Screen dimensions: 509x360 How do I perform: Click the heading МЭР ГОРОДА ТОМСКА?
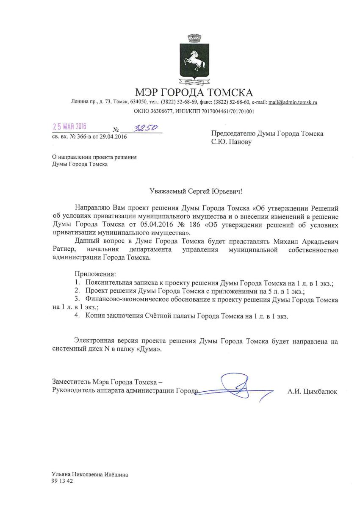coord(194,92)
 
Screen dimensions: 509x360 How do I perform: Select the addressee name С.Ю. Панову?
coord(231,142)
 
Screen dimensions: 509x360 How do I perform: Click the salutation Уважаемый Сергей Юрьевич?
coord(197,192)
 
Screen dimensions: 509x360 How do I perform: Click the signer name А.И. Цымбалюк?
coord(312,392)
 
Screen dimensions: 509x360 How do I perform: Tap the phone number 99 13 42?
coord(62,481)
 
